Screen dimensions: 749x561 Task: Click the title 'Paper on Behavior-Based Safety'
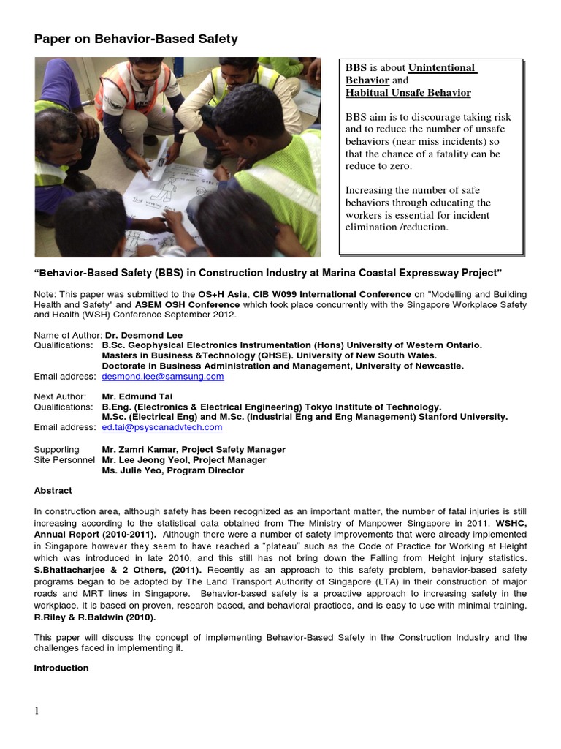[x=136, y=39]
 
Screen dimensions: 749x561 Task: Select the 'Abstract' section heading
[x=53, y=491]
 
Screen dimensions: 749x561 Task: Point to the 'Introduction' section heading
[x=61, y=668]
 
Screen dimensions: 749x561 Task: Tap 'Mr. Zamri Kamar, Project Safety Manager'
[x=194, y=449]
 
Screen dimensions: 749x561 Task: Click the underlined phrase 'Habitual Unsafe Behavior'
[x=408, y=93]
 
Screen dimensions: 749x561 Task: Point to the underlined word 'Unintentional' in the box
[x=442, y=68]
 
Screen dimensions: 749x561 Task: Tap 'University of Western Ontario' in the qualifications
[x=413, y=345]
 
